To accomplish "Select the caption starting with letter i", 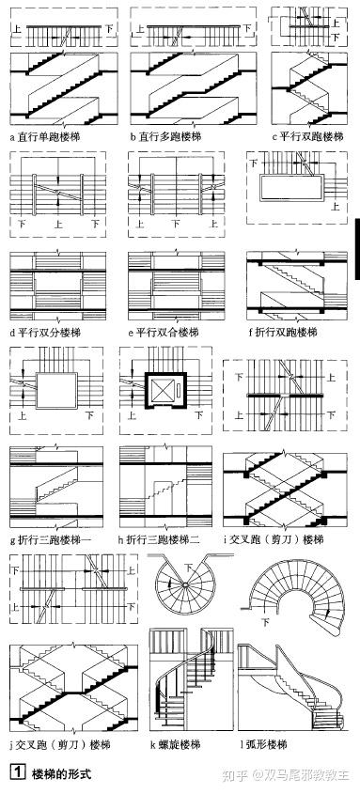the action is (x=286, y=540).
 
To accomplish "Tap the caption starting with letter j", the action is (x=57, y=744).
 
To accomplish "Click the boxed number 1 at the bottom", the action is (x=16, y=773).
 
